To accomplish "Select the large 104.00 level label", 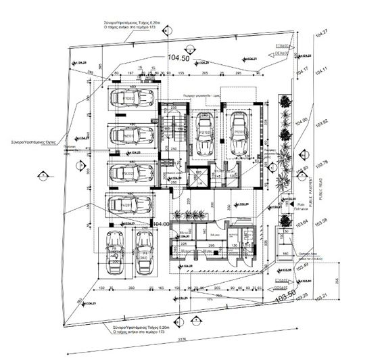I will [160, 224].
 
